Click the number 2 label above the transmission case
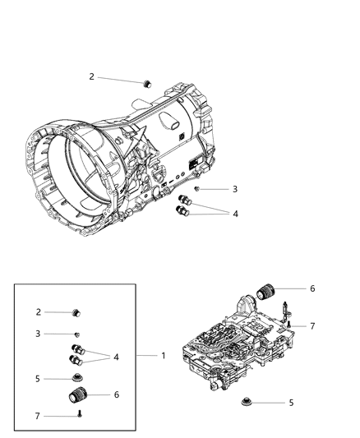92,76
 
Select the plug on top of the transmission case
149,82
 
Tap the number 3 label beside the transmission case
211,189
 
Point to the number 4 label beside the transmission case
212,214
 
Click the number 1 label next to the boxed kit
162,357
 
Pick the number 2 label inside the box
38,312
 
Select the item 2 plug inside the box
77,312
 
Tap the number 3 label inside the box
38,334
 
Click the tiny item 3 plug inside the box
76,334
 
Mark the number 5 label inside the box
38,379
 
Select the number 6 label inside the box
117,395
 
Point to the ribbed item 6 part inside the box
76,397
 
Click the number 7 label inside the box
38,416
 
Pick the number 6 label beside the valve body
312,288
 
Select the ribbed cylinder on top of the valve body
268,290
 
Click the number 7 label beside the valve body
312,326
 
